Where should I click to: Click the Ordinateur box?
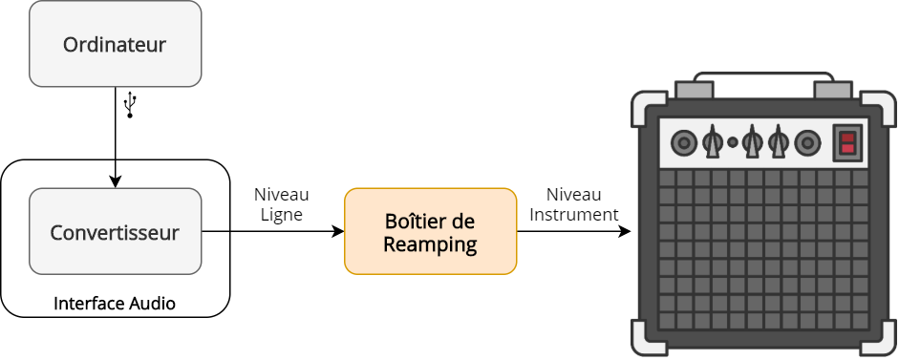click(115, 44)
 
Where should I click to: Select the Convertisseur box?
click(115, 231)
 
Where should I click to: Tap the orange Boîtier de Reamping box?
click(430, 232)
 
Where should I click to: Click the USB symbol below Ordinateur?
click(131, 104)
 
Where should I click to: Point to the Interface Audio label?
click(115, 304)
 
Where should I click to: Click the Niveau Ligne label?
click(281, 204)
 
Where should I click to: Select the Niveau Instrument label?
click(574, 204)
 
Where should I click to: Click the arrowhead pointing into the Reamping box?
click(337, 232)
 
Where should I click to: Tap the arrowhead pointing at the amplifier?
click(625, 232)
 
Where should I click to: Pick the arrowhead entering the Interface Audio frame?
click(115, 181)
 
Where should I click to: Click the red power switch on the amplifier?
click(846, 144)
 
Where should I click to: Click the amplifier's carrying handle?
click(763, 76)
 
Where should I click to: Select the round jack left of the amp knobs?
click(683, 144)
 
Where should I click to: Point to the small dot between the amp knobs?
click(733, 143)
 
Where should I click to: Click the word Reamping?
click(430, 244)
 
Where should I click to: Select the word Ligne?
click(281, 216)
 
